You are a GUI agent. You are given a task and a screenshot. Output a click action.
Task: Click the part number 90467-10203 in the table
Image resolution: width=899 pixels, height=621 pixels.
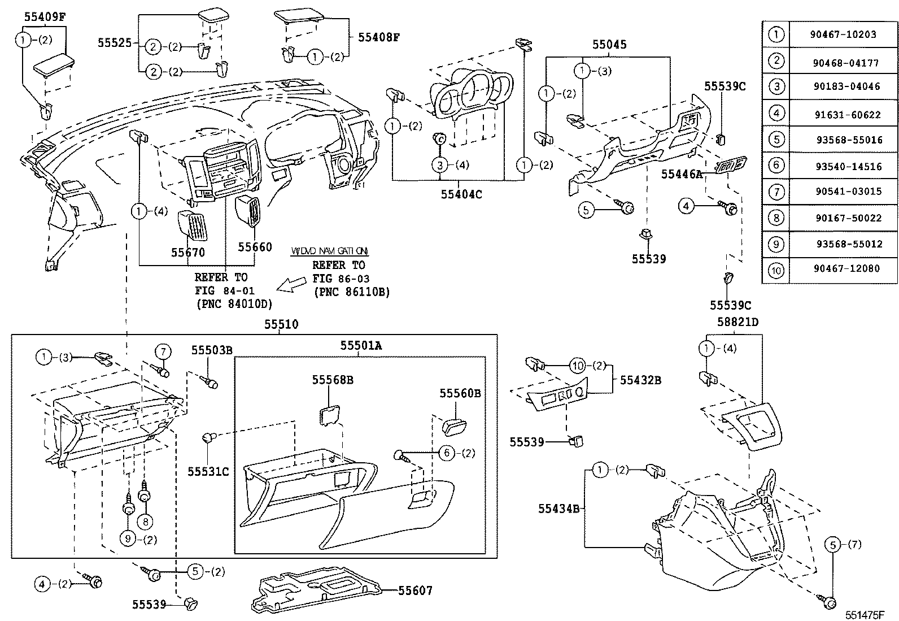pos(841,34)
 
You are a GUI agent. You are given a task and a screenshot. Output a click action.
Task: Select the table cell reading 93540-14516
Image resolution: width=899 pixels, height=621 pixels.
pos(841,166)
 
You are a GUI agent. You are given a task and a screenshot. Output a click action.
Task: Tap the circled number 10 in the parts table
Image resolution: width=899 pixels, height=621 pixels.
pos(776,270)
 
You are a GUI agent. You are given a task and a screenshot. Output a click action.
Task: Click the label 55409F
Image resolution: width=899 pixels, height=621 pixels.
pos(45,16)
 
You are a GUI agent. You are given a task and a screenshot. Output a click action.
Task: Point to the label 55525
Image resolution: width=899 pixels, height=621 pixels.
pos(115,42)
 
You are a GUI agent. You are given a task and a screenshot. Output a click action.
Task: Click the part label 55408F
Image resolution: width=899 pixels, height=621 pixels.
pos(379,37)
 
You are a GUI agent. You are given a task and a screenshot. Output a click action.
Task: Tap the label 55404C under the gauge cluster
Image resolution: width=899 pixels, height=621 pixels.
pos(461,194)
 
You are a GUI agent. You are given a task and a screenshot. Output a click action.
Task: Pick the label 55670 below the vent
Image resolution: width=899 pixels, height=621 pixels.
pos(188,253)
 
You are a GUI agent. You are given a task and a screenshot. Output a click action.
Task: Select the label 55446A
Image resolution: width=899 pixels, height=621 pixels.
pos(682,175)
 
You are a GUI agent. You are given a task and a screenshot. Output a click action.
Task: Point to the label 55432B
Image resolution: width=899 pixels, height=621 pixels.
pos(640,380)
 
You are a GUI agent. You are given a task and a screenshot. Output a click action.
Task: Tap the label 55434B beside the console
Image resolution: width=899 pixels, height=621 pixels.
pos(558,509)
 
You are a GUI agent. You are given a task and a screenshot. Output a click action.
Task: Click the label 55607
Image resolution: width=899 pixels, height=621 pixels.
pos(415,590)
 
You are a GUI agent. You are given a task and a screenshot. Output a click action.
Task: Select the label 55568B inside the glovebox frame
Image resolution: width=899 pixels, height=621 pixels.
pos(333,380)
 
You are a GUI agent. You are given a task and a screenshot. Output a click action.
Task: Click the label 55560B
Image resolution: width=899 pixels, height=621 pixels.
pos(460,393)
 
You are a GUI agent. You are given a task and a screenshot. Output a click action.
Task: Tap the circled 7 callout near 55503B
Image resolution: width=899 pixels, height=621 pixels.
pos(163,352)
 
